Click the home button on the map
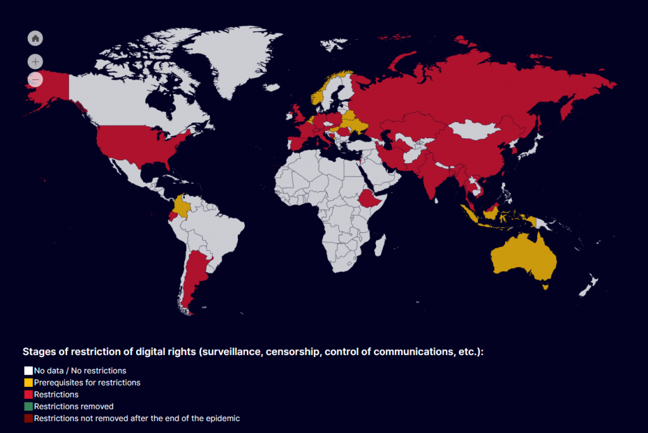35,39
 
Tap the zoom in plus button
35,61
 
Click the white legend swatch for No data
28,371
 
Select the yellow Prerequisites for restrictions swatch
28,383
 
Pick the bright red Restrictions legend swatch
28,394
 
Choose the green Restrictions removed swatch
28,406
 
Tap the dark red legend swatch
28,418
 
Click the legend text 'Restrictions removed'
73,406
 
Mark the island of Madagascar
379,247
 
